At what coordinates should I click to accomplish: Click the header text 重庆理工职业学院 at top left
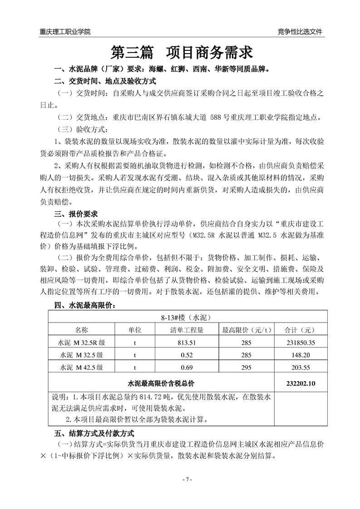65,32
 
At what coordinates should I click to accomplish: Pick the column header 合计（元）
301,330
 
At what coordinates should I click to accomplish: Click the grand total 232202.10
301,383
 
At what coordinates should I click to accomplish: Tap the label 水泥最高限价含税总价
161,383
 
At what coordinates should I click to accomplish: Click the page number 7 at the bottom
180,480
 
